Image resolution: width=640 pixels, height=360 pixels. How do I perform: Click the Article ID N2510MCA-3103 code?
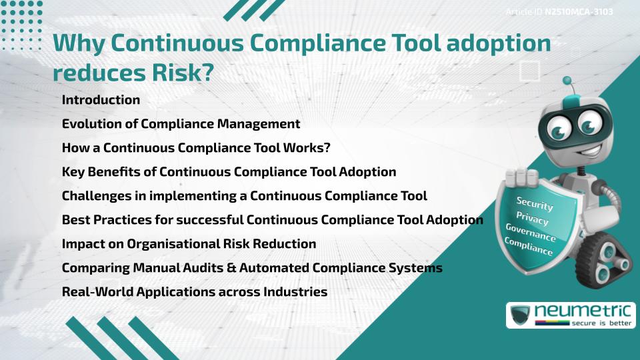click(x=578, y=12)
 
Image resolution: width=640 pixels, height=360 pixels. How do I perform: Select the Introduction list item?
click(x=101, y=100)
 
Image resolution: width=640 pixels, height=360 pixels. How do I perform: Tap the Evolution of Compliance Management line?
click(x=181, y=124)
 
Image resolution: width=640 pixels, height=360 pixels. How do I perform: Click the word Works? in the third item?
click(x=304, y=148)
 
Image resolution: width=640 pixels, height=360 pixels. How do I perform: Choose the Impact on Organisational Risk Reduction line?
click(x=189, y=244)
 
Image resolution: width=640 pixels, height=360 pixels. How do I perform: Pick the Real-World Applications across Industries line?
click(x=194, y=292)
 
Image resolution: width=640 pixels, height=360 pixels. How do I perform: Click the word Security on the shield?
click(x=535, y=204)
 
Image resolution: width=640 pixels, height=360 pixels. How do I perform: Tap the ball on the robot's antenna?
click(x=567, y=81)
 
